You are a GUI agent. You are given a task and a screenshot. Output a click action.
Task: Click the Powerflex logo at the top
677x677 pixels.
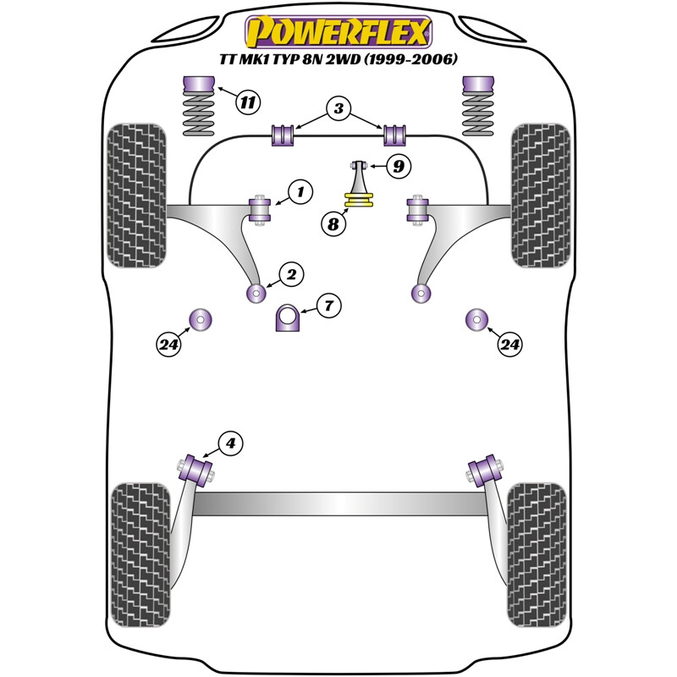pos(338,31)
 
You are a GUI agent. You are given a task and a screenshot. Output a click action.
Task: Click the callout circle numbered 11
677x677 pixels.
pos(246,103)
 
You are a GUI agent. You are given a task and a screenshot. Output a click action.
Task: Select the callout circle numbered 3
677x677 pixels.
pos(338,108)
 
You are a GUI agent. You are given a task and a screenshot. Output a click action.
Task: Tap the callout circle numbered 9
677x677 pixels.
pos(397,167)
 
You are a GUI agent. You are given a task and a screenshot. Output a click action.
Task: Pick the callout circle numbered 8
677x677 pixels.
pos(333,224)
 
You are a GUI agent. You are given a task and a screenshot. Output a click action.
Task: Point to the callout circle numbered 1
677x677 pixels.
pos(299,192)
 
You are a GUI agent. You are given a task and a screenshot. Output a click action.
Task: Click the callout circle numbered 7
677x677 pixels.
pos(329,305)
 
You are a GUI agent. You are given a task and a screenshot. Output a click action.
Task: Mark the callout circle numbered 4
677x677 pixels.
pos(230,443)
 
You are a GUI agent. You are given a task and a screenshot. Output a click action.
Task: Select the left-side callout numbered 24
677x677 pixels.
pos(169,344)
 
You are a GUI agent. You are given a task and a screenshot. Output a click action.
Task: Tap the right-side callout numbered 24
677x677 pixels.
pos(509,344)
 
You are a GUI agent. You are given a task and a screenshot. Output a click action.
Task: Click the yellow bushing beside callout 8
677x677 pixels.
pos(359,201)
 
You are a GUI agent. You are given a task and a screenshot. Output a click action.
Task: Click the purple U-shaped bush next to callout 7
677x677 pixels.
pos(289,319)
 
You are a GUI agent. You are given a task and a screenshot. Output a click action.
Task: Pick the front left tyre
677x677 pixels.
pos(135,195)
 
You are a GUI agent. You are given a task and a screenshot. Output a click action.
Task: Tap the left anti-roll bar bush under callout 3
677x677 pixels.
pos(282,135)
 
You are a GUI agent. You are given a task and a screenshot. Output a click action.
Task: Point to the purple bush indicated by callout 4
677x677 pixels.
pos(201,467)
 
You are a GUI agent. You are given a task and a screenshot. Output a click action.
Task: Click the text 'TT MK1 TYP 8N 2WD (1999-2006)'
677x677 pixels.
pos(338,60)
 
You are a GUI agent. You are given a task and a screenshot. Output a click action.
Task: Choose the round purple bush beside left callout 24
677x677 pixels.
pos(201,319)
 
